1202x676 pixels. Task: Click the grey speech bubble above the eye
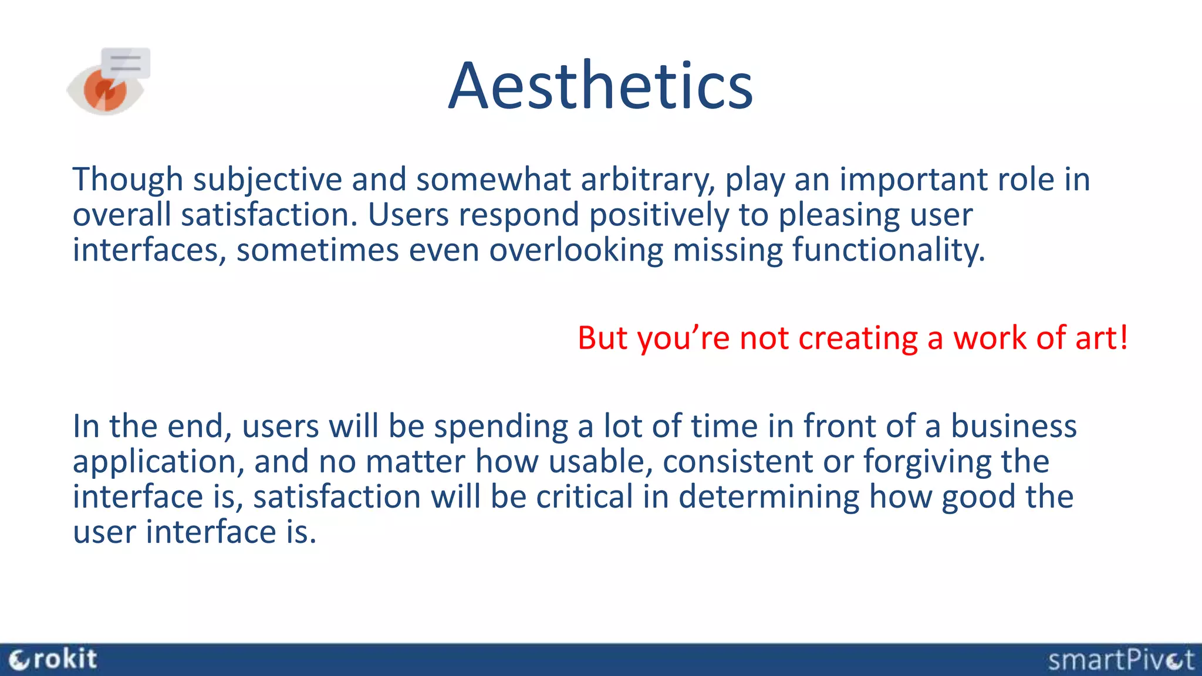(x=126, y=63)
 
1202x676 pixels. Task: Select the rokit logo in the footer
(x=54, y=660)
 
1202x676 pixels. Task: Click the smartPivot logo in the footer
(x=1120, y=660)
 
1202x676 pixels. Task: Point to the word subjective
(x=267, y=180)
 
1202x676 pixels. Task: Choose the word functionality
(x=888, y=251)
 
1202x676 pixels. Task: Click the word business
(x=1013, y=426)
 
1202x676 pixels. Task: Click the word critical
(x=584, y=496)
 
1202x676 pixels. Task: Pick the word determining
(x=768, y=498)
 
